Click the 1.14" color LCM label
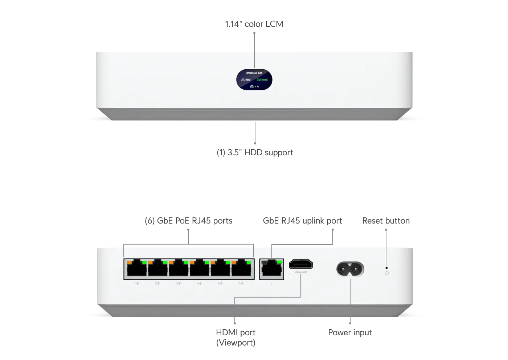click(254, 24)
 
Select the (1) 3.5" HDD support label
click(255, 152)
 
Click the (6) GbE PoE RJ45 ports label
click(188, 221)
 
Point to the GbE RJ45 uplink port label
click(302, 221)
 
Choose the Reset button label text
click(386, 221)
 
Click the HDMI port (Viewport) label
click(235, 337)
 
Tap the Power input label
click(350, 332)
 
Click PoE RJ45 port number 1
click(137, 269)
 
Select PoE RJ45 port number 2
click(157, 269)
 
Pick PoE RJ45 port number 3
click(179, 269)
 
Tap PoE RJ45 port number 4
click(199, 269)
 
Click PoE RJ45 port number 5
click(220, 269)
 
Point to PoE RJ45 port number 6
click(241, 269)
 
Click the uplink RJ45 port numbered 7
click(272, 269)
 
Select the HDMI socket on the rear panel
click(301, 265)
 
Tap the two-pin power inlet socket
click(350, 270)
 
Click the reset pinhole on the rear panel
click(386, 267)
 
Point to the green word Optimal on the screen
click(262, 79)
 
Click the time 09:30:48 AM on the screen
click(254, 73)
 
